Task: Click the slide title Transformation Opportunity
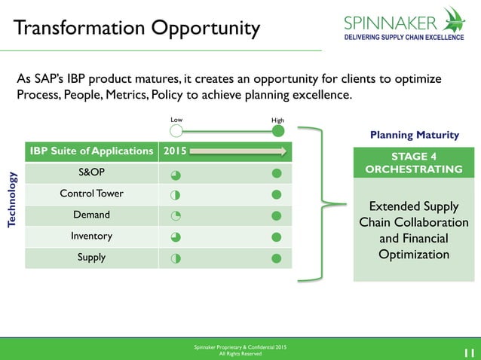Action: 136,29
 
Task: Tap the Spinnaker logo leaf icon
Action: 455,19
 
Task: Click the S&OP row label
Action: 91,173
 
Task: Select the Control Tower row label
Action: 91,194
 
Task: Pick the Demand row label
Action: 91,215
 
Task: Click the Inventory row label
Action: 91,236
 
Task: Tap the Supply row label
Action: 91,258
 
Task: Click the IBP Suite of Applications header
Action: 91,151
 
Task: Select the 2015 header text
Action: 174,151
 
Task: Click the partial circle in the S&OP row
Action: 175,174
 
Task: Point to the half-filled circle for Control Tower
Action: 175,195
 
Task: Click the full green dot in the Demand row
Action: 277,216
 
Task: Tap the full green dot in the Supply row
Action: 277,258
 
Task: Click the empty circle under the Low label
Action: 176,131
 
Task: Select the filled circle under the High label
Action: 277,131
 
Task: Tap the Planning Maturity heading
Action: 414,136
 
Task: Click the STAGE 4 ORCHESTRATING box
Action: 414,163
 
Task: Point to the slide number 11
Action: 467,350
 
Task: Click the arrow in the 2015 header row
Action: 237,151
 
